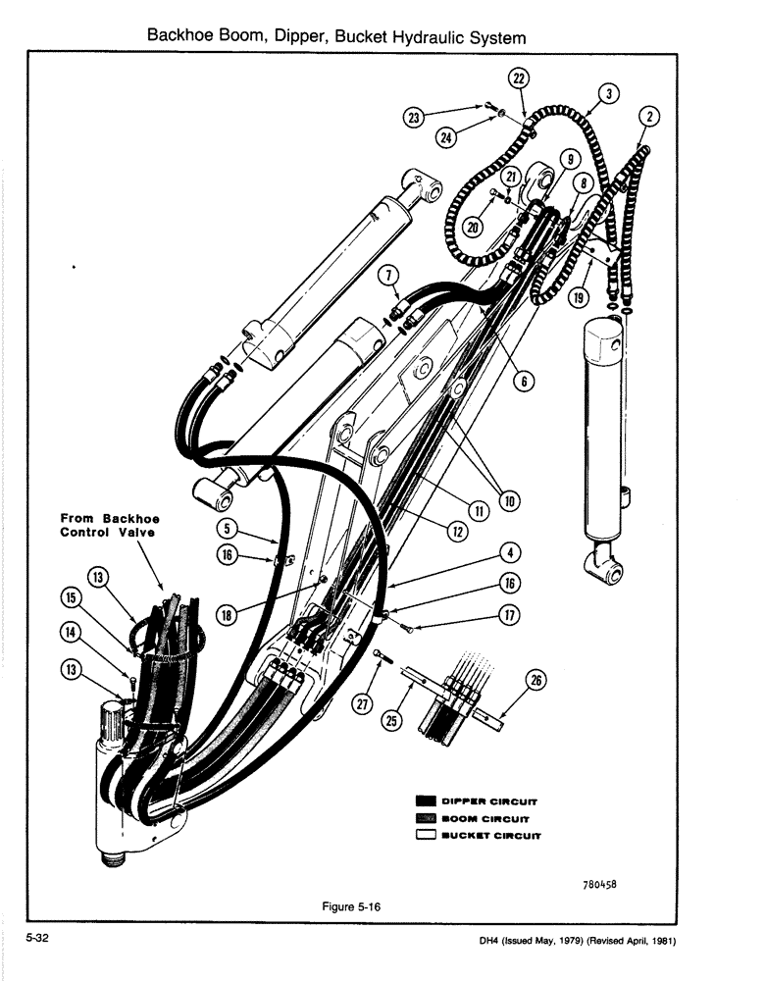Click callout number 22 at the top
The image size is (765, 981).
coord(518,78)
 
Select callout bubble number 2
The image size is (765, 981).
coord(648,118)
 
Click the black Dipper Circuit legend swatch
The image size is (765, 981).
coord(426,800)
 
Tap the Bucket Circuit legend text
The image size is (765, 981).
coord(495,837)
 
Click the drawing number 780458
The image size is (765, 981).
coord(604,883)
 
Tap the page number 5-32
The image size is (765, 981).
coord(38,938)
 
